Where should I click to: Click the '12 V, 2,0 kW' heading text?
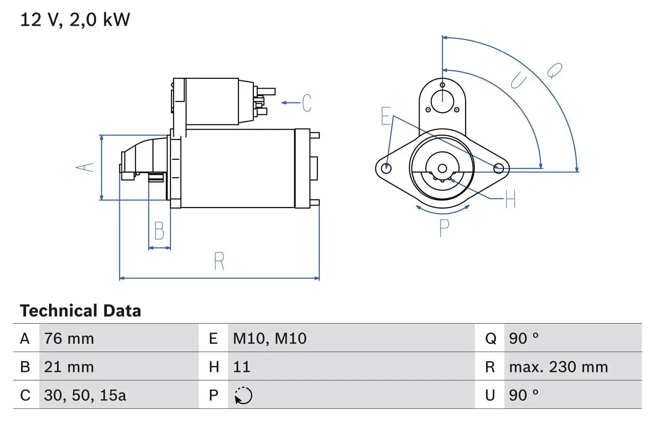click(75, 20)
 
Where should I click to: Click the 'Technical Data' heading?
click(80, 311)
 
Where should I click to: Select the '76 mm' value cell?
click(69, 338)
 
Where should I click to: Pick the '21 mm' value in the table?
click(69, 367)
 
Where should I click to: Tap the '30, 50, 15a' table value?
click(85, 395)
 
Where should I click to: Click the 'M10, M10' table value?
click(270, 338)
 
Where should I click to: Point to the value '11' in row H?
click(242, 367)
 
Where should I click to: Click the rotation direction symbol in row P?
click(244, 396)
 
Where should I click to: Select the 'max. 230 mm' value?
click(558, 367)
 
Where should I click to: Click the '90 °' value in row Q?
click(524, 338)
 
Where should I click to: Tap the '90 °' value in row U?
click(524, 395)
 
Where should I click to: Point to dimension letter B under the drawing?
click(159, 231)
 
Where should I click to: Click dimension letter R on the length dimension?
click(219, 261)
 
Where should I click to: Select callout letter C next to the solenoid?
click(306, 103)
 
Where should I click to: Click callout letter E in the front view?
click(386, 116)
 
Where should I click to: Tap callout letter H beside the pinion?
click(510, 199)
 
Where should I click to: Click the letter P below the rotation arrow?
click(444, 228)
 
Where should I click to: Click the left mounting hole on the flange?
click(387, 168)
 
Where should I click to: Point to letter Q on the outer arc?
click(555, 70)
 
